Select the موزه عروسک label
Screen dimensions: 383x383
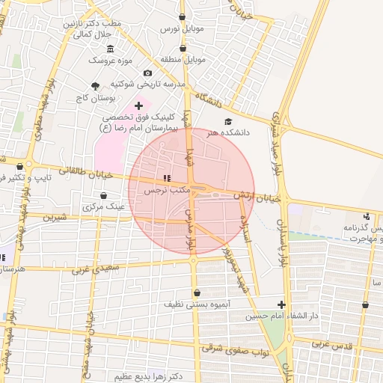point(110,59)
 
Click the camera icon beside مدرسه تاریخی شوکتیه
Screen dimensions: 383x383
point(147,73)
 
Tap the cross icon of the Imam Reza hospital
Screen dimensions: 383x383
point(138,106)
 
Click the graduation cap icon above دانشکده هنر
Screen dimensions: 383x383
point(228,121)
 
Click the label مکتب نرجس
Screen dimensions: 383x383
point(164,191)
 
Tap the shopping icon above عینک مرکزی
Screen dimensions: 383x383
point(92,195)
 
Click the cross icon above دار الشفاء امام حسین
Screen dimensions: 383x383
point(281,304)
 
